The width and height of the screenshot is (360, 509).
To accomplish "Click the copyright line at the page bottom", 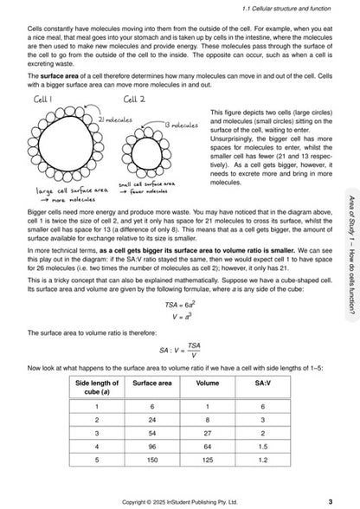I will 181,500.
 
